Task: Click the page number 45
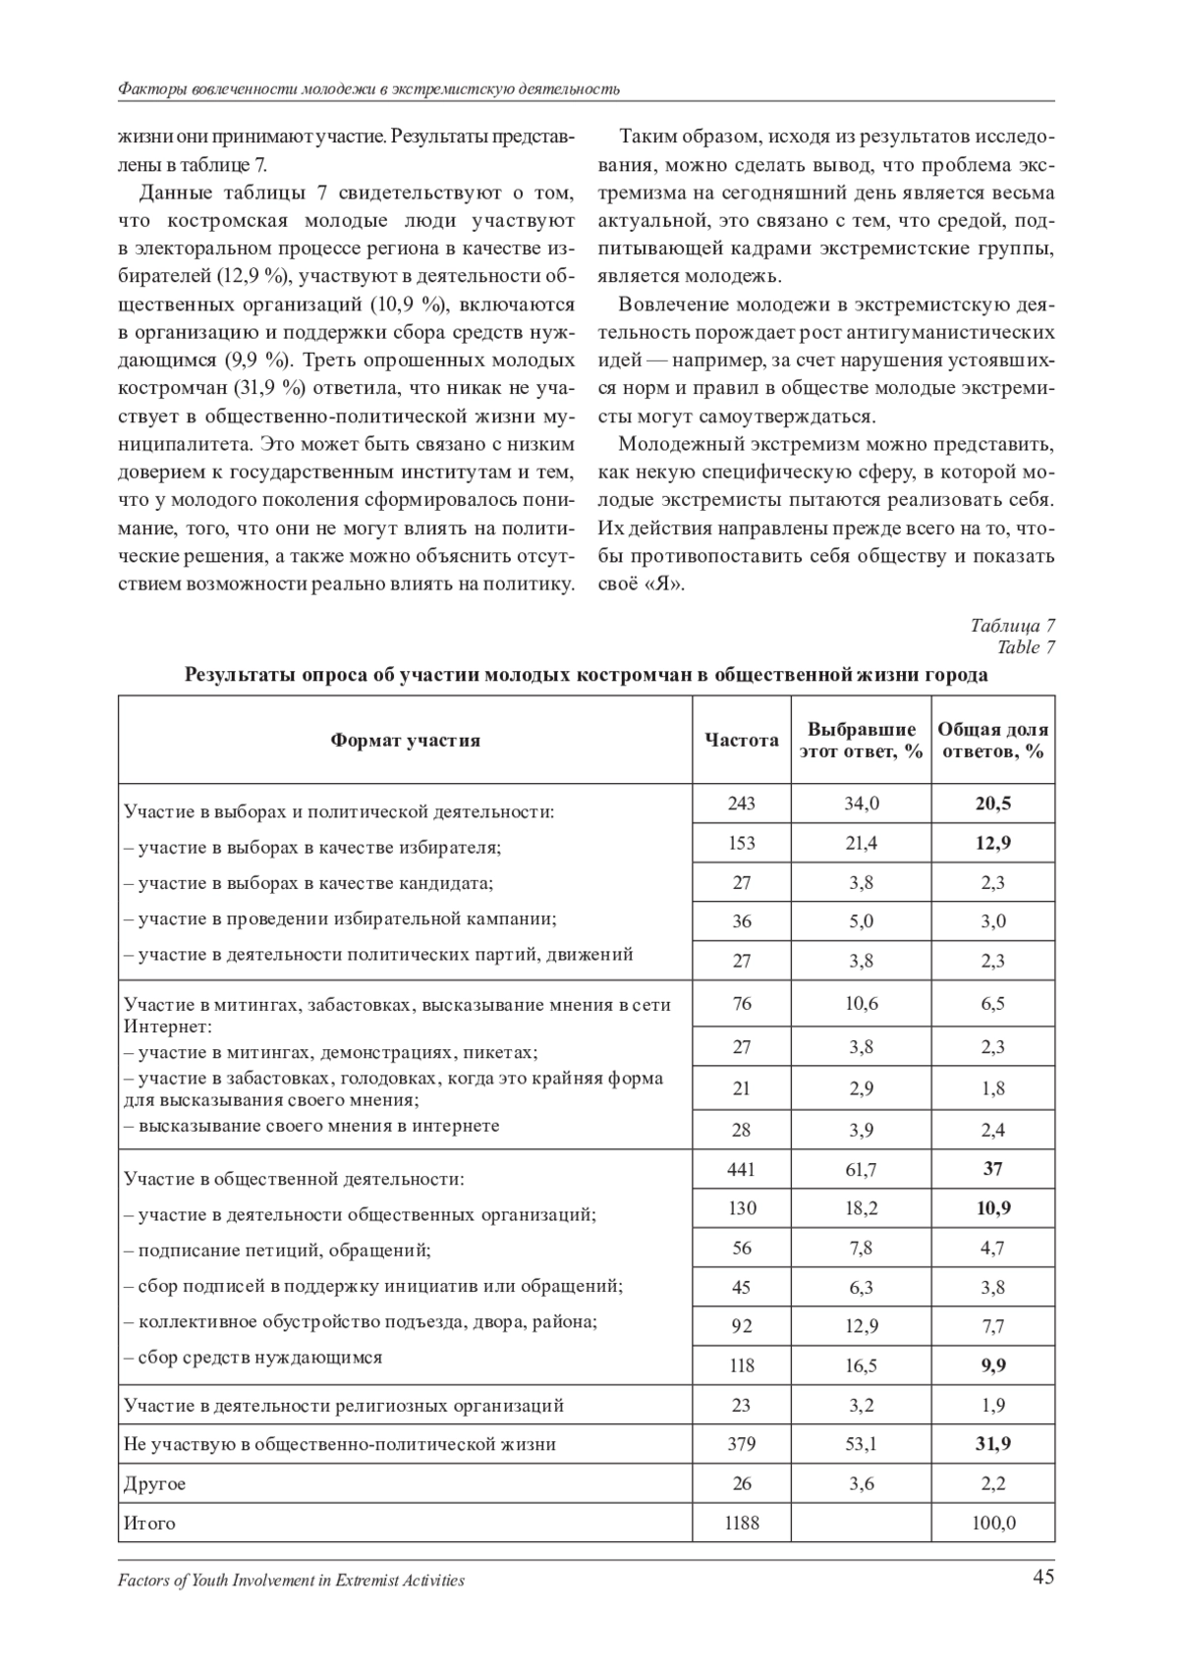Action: coord(1043,1578)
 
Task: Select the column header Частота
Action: coord(742,740)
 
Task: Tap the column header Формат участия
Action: coord(405,740)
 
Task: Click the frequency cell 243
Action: coord(742,804)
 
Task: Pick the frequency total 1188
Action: coord(742,1523)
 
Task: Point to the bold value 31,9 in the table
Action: coord(992,1444)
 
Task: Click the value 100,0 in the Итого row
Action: coord(992,1523)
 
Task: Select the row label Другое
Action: coord(155,1483)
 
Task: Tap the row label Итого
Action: coord(149,1523)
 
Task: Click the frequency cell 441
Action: coord(742,1169)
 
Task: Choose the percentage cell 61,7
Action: coord(862,1169)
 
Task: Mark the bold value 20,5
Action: coord(992,804)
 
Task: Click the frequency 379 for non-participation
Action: coord(742,1444)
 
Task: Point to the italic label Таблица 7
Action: coord(1012,626)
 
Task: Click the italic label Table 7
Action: coord(1026,646)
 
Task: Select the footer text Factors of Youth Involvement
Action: coord(291,1581)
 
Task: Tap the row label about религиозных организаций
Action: coord(344,1405)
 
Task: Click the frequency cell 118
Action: coord(742,1365)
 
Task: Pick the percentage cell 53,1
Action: coord(862,1444)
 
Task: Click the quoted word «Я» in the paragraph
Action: coord(664,583)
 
